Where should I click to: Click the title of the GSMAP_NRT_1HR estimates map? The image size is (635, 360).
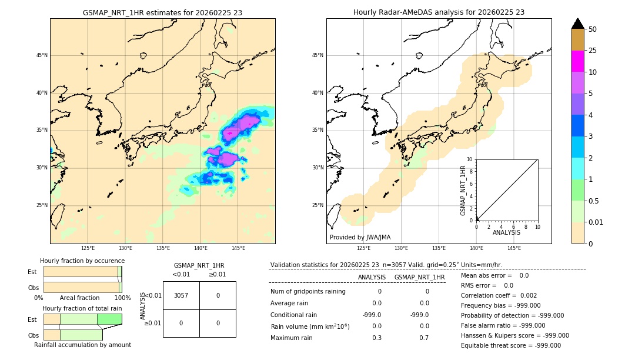(x=162, y=12)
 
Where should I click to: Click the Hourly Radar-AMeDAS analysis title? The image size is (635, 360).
(x=439, y=12)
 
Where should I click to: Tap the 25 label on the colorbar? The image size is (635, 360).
(x=593, y=51)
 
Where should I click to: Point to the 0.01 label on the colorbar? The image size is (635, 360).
(x=596, y=222)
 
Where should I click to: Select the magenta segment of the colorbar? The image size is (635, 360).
(x=577, y=61)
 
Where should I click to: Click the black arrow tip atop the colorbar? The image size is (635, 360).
(x=577, y=23)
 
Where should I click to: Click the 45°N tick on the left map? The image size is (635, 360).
(x=42, y=55)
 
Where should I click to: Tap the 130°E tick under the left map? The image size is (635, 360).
(x=125, y=248)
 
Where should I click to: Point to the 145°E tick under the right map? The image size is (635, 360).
(x=514, y=248)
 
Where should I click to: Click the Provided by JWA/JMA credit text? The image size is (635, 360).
(x=360, y=237)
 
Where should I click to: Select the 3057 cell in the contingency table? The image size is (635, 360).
(x=181, y=295)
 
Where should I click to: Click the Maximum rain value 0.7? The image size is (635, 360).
(x=424, y=338)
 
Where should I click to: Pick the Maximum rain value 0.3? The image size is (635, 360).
(x=376, y=338)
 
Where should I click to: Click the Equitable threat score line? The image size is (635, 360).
(x=511, y=345)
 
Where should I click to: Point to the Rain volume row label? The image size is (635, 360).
(x=310, y=326)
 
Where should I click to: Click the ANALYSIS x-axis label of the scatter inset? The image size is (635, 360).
(x=506, y=232)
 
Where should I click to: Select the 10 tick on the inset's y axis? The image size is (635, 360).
(x=469, y=159)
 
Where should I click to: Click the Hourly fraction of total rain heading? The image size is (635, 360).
(x=82, y=308)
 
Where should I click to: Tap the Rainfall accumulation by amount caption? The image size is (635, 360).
(x=82, y=345)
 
